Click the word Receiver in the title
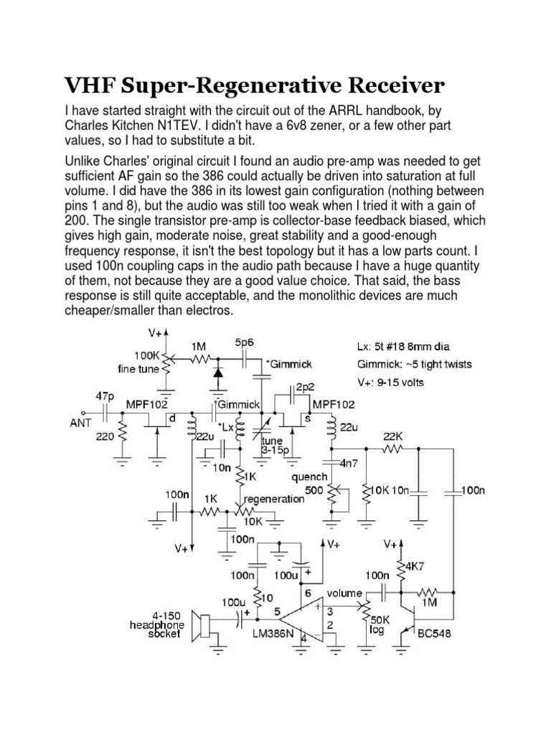[384, 87]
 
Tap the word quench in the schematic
[309, 476]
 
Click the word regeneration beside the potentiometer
[275, 498]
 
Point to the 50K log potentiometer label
[380, 623]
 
